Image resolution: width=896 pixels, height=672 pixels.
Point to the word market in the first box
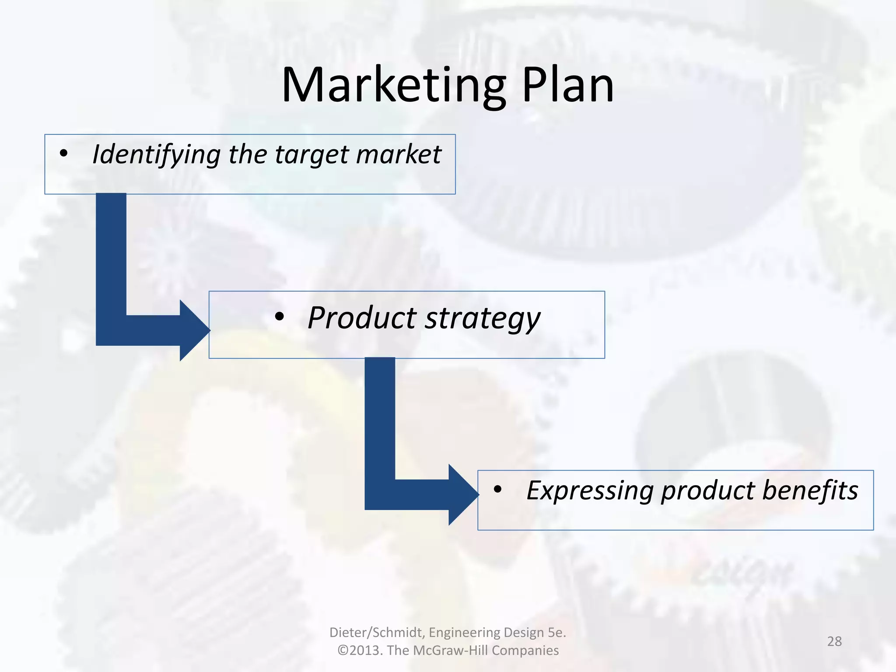[399, 154]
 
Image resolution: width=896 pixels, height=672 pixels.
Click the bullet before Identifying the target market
[64, 154]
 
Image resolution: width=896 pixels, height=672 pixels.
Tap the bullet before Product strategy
[280, 317]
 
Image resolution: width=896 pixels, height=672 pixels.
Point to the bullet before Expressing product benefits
[497, 490]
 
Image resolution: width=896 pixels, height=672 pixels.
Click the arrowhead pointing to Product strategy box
[194, 331]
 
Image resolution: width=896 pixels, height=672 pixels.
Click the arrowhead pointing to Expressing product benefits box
[463, 495]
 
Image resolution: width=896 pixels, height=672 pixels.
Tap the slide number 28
[834, 641]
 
